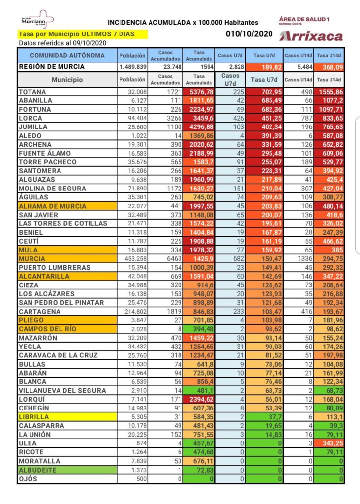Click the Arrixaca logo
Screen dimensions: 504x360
[311, 36]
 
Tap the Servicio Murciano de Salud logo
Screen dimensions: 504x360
[37, 20]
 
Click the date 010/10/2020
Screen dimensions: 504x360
[249, 34]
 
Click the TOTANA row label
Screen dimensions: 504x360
[32, 92]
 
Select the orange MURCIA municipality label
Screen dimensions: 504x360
[32, 258]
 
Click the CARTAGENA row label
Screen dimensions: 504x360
[40, 312]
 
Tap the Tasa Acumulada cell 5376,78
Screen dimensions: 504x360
[199, 92]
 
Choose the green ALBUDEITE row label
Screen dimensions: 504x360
[37, 470]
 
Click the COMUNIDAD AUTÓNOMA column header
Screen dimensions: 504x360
[67, 56]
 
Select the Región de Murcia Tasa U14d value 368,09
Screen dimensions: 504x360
[329, 67]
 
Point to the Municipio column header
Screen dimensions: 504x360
[67, 79]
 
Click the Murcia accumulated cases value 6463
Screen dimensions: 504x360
[168, 258]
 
